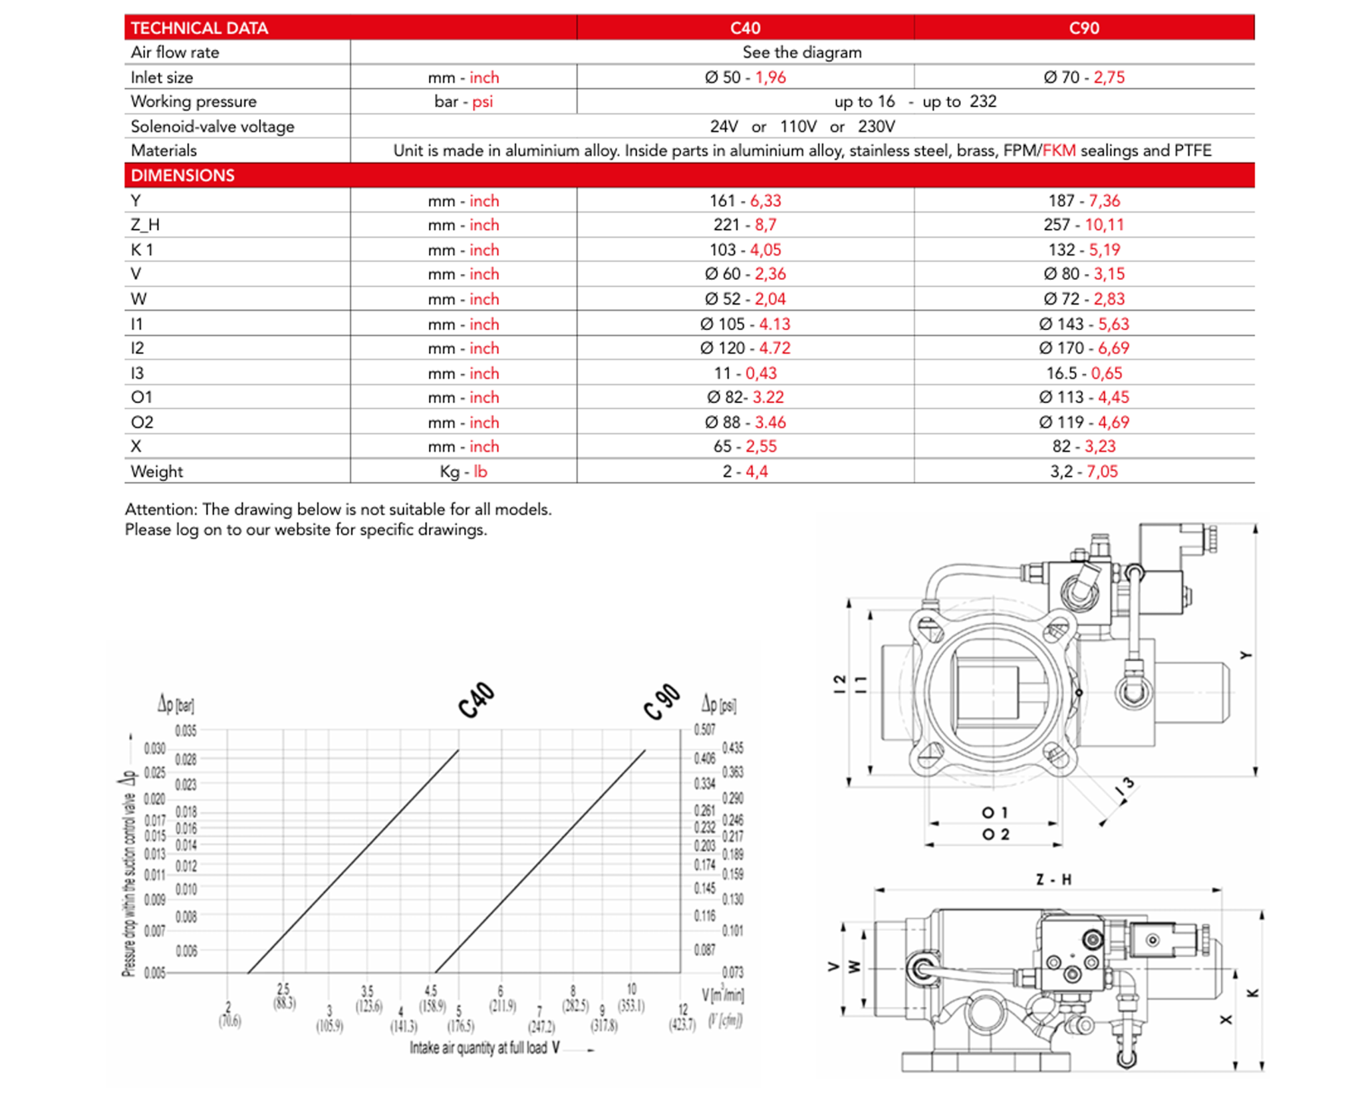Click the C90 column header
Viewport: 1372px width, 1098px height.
[1083, 28]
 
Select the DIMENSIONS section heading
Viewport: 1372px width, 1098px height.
[182, 176]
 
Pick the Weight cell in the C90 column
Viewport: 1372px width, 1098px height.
[1083, 472]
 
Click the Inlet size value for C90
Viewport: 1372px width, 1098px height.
[1083, 77]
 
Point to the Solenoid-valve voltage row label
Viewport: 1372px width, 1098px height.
[212, 126]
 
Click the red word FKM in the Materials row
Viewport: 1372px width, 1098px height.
[1058, 151]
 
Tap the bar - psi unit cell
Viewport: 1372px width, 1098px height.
[463, 102]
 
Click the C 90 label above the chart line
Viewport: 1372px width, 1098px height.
[662, 702]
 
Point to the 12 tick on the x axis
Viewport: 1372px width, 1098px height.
[682, 1010]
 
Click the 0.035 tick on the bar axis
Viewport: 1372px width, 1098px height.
[186, 731]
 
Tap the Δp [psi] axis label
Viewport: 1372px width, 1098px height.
[718, 704]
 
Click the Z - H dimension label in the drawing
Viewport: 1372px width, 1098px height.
[1053, 880]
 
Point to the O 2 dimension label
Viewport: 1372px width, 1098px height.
[996, 835]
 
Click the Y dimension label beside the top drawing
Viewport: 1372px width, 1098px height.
[1246, 656]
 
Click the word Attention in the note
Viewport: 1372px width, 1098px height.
[161, 509]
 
